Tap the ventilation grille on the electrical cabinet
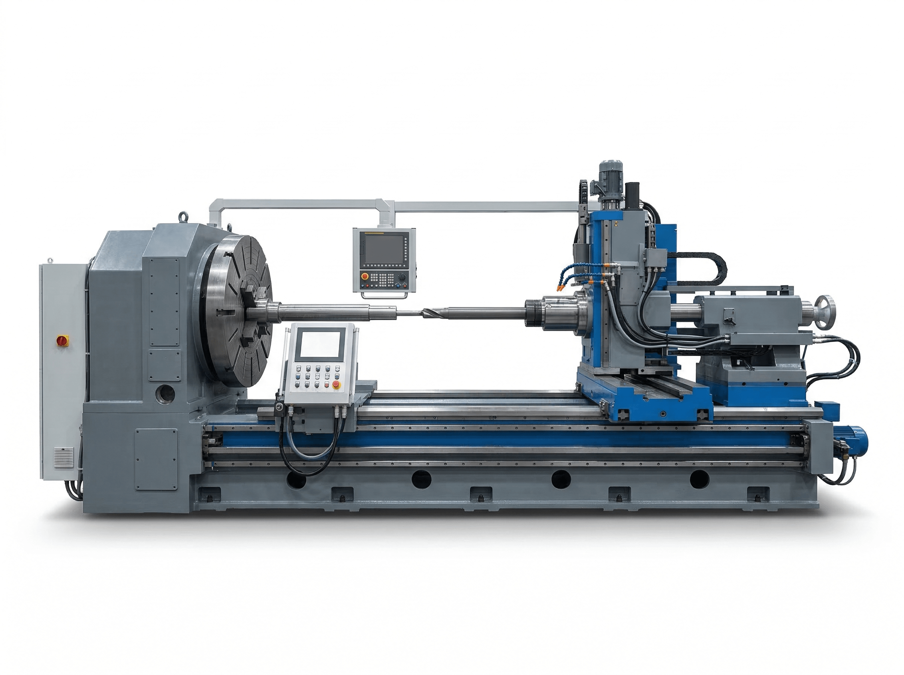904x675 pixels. tap(64, 456)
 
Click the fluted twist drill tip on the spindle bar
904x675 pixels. tap(435, 314)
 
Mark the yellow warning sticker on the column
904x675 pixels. tap(615, 224)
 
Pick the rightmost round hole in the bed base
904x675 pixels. tap(699, 479)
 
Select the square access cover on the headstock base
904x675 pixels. tap(156, 458)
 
